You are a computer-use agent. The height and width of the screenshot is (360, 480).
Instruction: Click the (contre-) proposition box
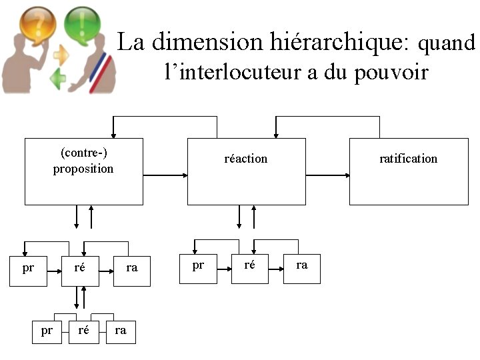83,171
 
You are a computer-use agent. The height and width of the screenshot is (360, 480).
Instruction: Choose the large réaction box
246,171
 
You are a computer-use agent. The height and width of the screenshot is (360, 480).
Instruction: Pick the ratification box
408,171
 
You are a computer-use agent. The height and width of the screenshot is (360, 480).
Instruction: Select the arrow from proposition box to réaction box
165,175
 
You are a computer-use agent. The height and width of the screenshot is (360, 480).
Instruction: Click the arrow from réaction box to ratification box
327,175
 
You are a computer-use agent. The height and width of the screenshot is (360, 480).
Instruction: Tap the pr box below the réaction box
198,269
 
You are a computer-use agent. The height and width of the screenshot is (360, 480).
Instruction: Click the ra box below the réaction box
301,269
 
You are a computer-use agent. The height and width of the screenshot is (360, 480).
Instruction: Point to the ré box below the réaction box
249,269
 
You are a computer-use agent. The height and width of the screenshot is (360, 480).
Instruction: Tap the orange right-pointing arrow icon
62,54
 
